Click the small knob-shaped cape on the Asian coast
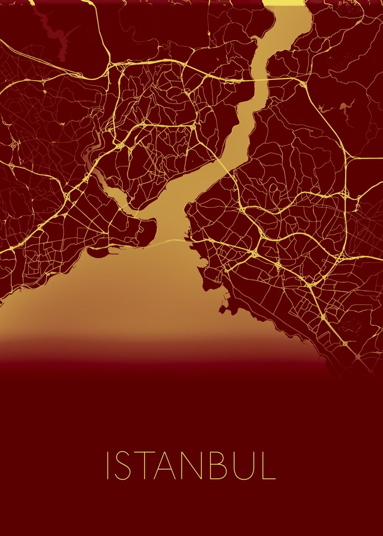coord(222,308)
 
